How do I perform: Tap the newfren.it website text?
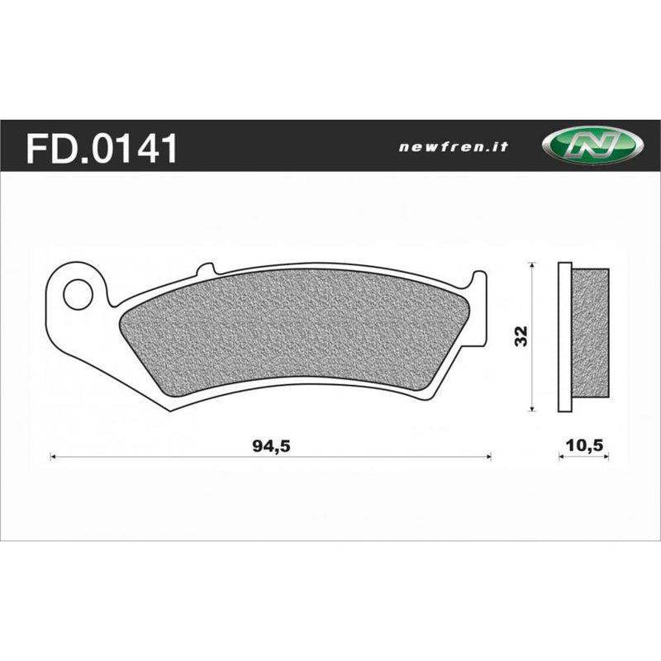tap(453, 147)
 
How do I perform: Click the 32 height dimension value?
tap(520, 336)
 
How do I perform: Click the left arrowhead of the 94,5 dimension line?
tap(54, 455)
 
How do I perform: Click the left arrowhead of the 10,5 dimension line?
tap(562, 455)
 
